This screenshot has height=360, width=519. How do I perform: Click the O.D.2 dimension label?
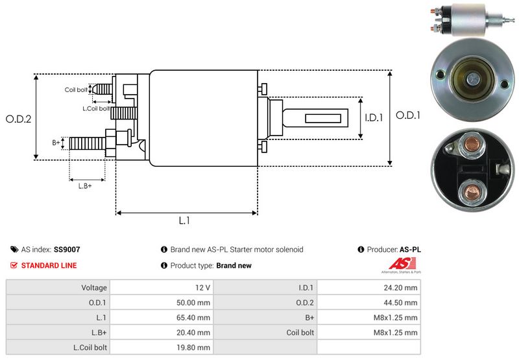[19, 119]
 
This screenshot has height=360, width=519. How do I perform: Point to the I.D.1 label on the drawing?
[374, 118]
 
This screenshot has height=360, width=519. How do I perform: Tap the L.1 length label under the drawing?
[184, 221]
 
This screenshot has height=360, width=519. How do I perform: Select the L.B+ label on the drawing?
[85, 186]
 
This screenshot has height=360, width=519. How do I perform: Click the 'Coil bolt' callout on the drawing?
[76, 90]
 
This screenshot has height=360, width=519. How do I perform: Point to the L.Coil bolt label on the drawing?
[95, 108]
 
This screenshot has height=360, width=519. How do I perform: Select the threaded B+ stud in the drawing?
[86, 143]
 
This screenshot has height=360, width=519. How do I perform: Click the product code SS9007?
[67, 249]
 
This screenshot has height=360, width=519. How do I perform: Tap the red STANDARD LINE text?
[49, 265]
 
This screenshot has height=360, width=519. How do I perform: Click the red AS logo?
[396, 263]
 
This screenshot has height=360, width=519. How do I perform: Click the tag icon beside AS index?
[14, 249]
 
